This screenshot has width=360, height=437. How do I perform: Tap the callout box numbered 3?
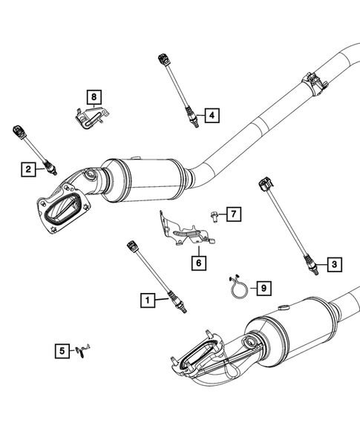click(334, 263)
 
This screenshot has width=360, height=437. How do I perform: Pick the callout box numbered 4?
click(212, 115)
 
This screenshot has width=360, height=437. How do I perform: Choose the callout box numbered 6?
click(198, 262)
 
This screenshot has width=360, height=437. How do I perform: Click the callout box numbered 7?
click(232, 215)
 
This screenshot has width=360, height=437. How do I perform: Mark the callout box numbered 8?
click(94, 96)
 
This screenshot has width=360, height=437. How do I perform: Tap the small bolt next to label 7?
click(213, 216)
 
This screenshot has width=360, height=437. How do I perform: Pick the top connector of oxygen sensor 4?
click(163, 58)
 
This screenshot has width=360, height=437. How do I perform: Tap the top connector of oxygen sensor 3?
click(264, 183)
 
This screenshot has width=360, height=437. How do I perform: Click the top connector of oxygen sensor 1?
click(133, 244)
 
